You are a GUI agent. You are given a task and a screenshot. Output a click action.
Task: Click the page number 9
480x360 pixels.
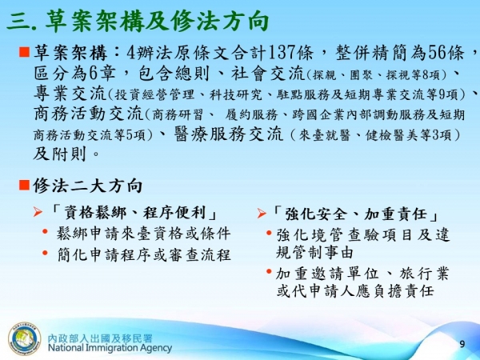[x=462, y=343]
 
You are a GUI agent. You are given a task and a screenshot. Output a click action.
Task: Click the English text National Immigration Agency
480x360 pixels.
[x=110, y=348]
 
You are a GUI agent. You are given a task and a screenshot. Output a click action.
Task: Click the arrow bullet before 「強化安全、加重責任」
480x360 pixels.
[x=262, y=214]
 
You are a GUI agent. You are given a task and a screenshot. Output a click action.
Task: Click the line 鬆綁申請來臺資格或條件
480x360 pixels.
[x=143, y=234]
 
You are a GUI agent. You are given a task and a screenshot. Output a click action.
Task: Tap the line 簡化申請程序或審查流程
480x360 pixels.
[x=143, y=254]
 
